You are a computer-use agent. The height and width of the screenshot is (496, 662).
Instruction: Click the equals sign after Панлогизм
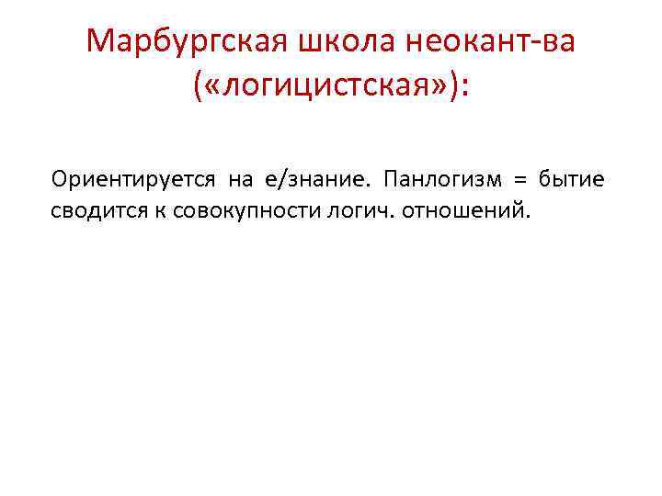[x=522, y=178]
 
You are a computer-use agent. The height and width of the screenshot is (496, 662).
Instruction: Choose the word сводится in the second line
[x=92, y=211]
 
